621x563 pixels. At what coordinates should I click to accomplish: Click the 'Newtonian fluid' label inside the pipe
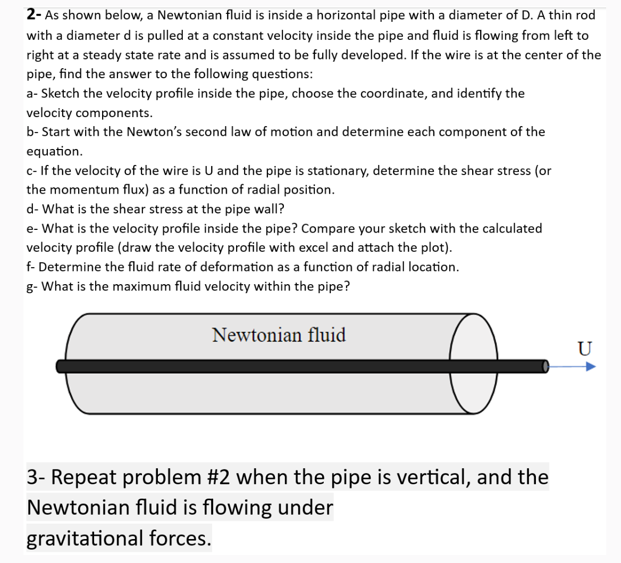[279, 335]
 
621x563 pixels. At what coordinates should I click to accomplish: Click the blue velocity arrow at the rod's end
[572, 367]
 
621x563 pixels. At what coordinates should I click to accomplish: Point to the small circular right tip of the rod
[544, 366]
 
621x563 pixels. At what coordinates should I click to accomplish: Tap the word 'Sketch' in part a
[61, 94]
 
